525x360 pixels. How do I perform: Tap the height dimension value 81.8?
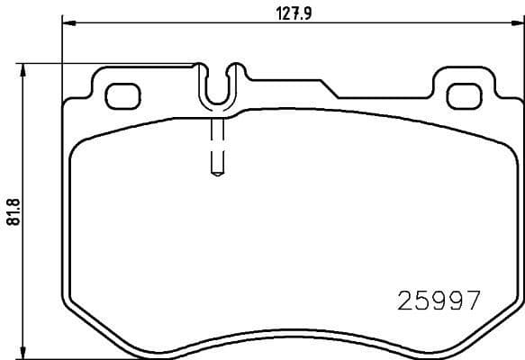pyautogui.click(x=11, y=212)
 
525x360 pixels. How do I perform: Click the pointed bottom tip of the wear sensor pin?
pyautogui.click(x=217, y=175)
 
